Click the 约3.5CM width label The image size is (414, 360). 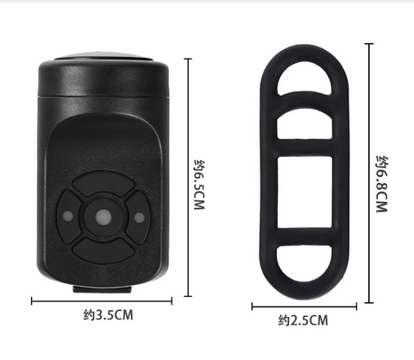tap(109, 315)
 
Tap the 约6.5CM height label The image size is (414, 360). tap(199, 185)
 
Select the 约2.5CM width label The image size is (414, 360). tap(303, 320)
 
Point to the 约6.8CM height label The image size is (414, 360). tap(382, 184)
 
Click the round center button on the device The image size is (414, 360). tap(103, 217)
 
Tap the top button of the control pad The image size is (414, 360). tap(103, 184)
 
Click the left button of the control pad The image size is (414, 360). tap(69, 217)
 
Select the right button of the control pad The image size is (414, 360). tap(137, 217)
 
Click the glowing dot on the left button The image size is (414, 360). tap(68, 216)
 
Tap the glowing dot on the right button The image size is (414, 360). tap(140, 218)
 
